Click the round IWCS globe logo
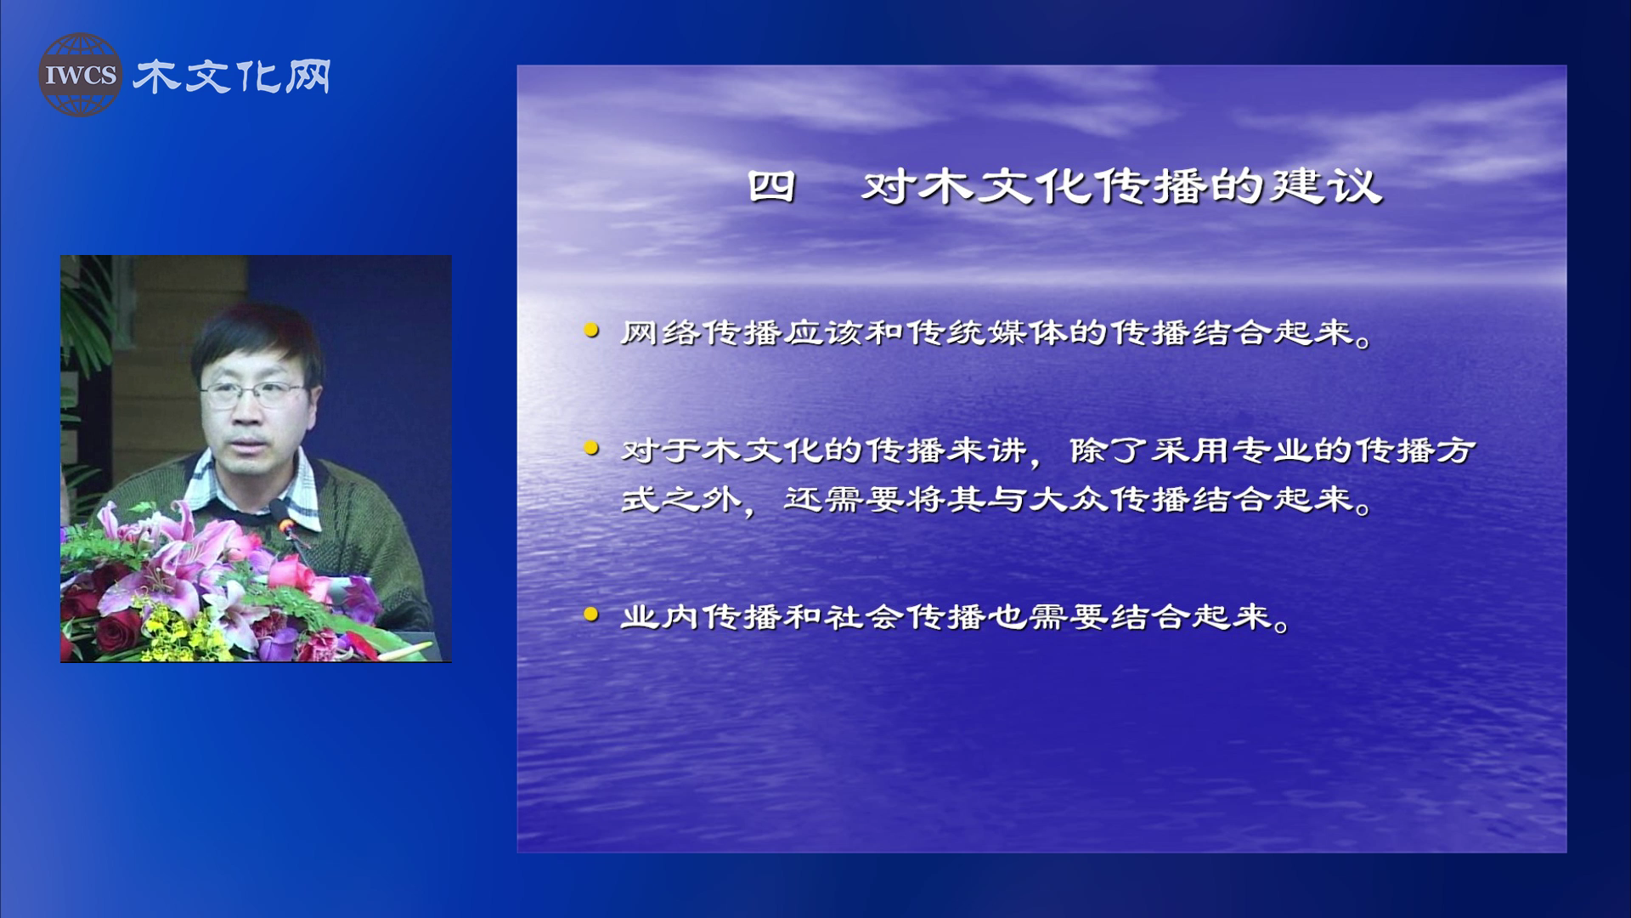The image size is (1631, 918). point(80,74)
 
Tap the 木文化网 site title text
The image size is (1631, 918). point(231,76)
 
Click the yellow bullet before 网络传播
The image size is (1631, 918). point(591,331)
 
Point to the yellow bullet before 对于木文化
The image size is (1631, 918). point(591,448)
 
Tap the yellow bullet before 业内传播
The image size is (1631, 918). point(591,615)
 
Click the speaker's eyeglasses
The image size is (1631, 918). point(253,394)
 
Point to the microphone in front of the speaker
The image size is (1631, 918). point(285,520)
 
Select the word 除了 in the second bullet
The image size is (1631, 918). point(1109,450)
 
